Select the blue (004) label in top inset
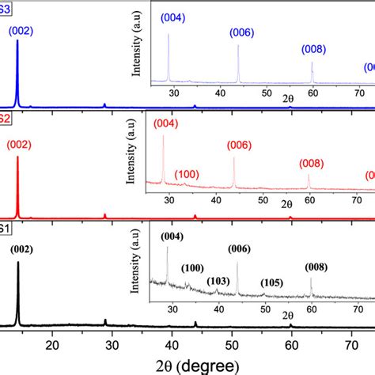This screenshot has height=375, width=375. coord(172,17)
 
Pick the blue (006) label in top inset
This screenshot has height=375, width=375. coord(242,32)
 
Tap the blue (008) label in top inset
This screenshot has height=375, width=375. coord(314,49)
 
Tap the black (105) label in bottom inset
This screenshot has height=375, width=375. coord(274,283)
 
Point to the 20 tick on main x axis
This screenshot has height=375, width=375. coord(52,345)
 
